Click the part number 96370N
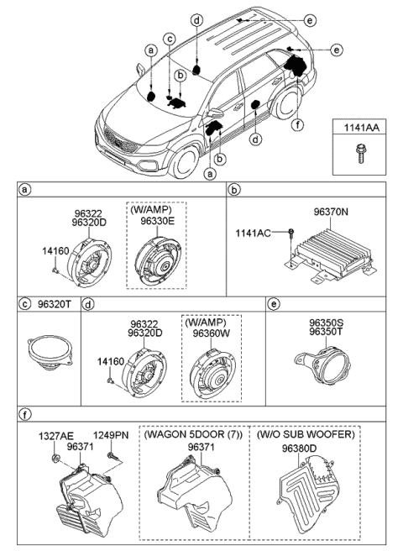tap(331, 213)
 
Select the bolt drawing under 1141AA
tap(359, 154)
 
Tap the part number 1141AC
tap(253, 233)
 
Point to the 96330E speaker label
tap(157, 221)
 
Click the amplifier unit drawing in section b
tap(329, 255)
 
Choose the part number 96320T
tap(54, 304)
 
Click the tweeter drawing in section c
tap(50, 353)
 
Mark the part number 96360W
tap(211, 333)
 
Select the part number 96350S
tap(327, 323)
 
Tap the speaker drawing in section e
tap(322, 365)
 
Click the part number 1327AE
tap(56, 436)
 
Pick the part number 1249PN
tap(111, 435)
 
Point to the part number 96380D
tap(299, 449)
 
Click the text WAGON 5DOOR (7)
tap(193, 435)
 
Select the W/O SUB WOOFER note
tap(306, 434)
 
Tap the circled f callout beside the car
tap(298, 125)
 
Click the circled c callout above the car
tap(170, 39)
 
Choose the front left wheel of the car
tap(183, 163)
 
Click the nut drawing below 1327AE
tap(55, 458)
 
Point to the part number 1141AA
tap(361, 128)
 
